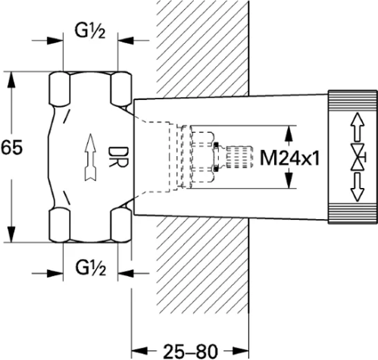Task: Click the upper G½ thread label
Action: pos(90,32)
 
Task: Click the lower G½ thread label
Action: pos(90,268)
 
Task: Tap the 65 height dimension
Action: pos(11,147)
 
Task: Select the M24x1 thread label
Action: pos(290,158)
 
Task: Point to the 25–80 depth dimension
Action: pos(190,351)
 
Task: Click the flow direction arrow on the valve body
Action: pos(90,157)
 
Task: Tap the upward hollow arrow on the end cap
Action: pos(358,127)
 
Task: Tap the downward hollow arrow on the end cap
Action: pos(358,187)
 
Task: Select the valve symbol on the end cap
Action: pos(358,157)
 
